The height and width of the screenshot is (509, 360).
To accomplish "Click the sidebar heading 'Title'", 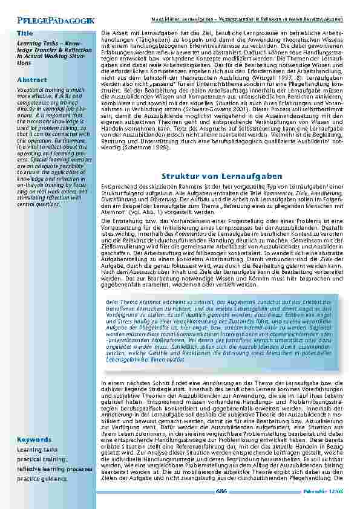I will pos(25,33).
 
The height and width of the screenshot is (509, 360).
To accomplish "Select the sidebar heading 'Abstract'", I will pos(31,80).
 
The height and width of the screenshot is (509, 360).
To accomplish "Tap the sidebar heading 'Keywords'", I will pos(34,439).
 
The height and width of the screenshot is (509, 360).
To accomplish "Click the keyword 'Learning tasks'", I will pos(38,450).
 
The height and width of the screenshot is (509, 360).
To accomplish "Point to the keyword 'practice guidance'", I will pos(42,479).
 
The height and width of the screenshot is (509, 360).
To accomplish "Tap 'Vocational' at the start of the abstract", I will pos(30,89).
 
